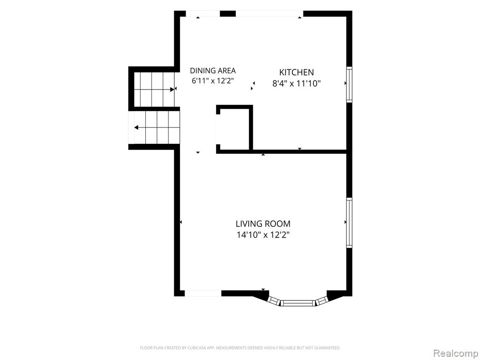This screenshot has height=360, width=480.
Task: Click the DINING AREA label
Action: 213,71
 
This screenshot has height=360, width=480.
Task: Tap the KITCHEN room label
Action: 296,72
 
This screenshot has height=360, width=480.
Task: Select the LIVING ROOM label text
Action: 263,224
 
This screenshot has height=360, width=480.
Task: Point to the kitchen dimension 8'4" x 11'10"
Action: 296,83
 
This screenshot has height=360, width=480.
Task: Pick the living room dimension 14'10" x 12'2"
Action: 263,235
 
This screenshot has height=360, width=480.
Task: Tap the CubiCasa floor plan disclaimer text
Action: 240,348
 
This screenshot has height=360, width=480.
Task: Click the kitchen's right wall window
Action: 349,84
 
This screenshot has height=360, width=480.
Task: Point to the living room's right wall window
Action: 349,223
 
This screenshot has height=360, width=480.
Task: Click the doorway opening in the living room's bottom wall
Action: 203,293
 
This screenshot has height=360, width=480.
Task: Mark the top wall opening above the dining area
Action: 203,14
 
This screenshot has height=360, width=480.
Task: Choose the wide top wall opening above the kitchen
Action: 270,14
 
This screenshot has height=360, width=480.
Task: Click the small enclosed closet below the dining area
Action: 234,128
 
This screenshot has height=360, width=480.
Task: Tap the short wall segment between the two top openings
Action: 228,14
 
